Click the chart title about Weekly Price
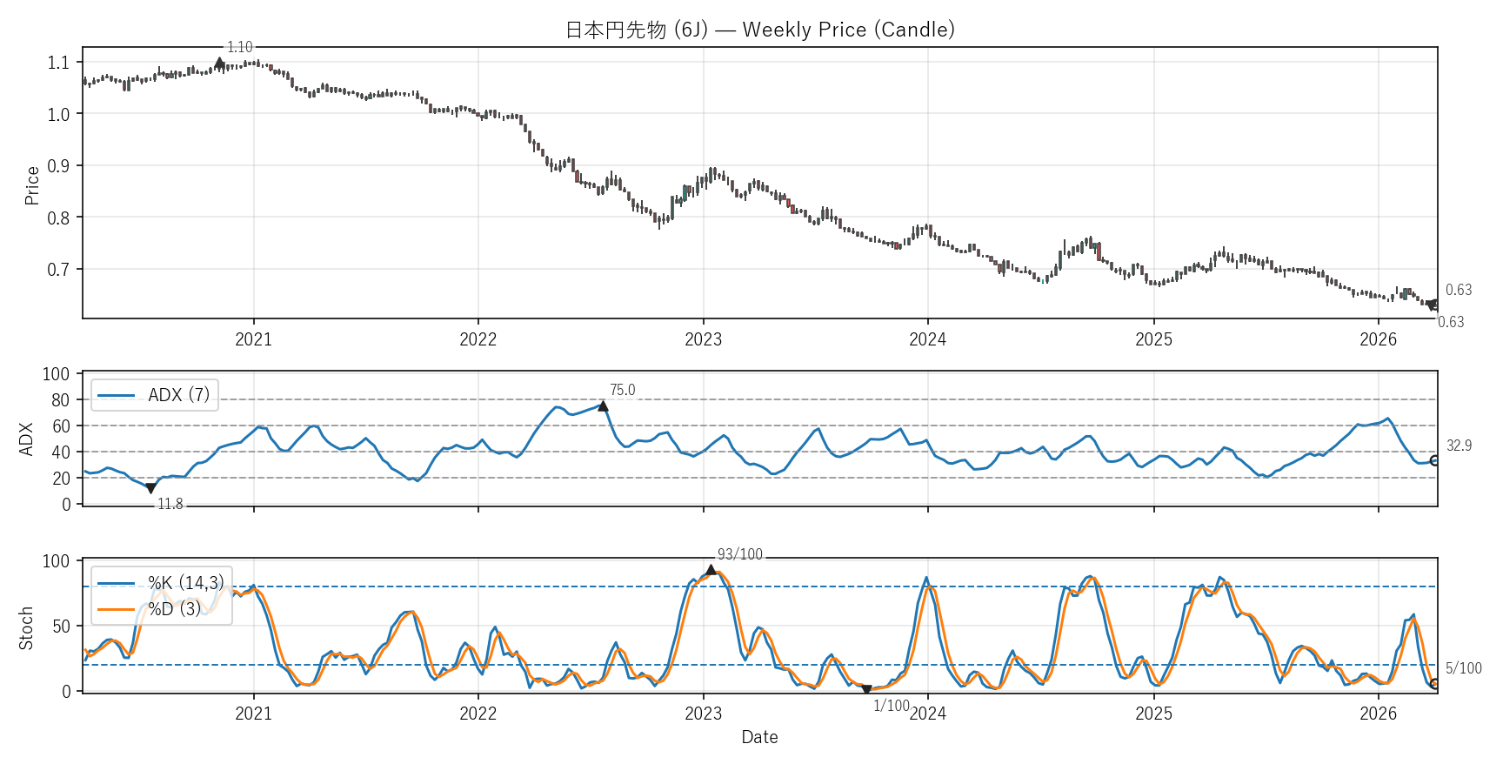tap(759, 30)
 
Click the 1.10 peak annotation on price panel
tap(239, 47)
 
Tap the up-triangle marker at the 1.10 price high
tap(220, 63)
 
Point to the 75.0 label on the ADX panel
tap(622, 390)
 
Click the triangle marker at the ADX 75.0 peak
tap(603, 406)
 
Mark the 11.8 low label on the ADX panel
tap(170, 504)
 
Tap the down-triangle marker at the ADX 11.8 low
tap(151, 488)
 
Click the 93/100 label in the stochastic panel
tap(739, 554)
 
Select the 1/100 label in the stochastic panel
tap(891, 706)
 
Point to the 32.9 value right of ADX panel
tap(1459, 446)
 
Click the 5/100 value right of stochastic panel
tap(1463, 668)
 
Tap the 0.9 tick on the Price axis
tap(58, 166)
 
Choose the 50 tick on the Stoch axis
tap(61, 627)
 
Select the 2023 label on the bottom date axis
tap(703, 714)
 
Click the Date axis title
tap(759, 737)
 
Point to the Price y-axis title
tap(32, 185)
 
